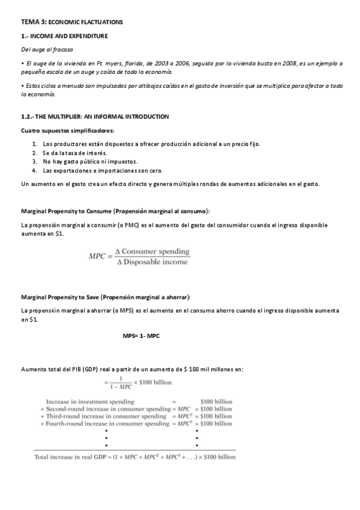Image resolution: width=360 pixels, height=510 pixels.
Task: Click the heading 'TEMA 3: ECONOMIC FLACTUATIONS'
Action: click(x=72, y=22)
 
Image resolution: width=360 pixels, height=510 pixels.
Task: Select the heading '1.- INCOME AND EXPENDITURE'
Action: click(x=64, y=36)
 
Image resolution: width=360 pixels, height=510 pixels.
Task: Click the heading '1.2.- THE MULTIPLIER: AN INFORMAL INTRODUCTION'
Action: click(x=94, y=116)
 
